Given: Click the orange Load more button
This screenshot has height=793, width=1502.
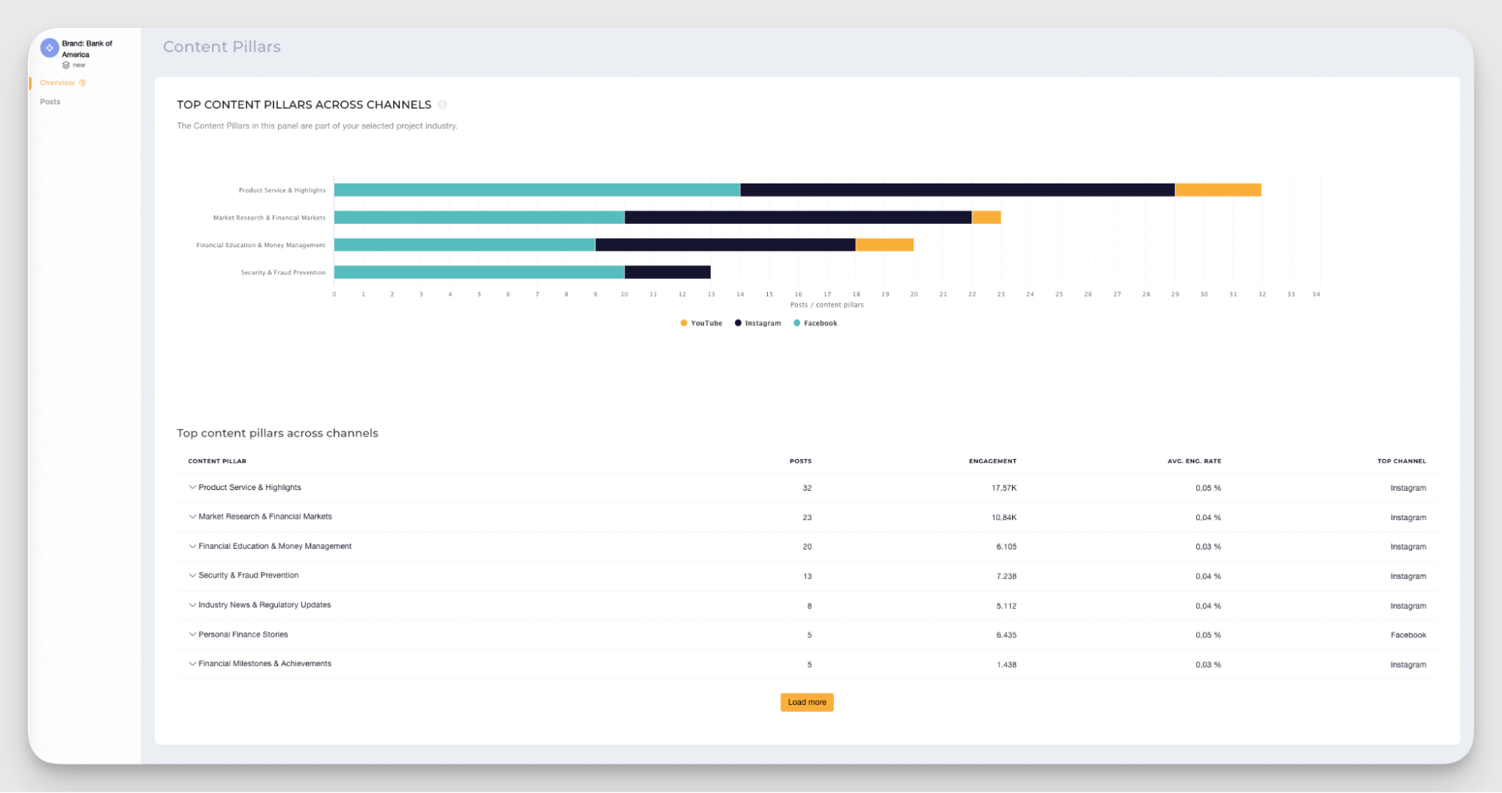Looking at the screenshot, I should pos(806,702).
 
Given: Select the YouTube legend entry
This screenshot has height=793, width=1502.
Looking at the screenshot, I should pos(701,323).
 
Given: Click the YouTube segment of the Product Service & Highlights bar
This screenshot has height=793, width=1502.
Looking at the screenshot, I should pos(1217,190).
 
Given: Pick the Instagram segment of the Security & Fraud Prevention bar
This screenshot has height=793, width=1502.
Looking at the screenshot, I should pos(667,272).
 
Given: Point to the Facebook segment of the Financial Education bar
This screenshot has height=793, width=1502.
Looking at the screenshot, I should pos(464,245).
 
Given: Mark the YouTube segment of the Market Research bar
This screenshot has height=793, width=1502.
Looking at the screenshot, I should pos(986,217).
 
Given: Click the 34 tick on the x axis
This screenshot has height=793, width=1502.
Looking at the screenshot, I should pos(1316,295).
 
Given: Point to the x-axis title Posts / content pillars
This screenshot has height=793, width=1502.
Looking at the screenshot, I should pos(827,305).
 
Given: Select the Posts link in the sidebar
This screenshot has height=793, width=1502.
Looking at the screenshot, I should pos(50,101).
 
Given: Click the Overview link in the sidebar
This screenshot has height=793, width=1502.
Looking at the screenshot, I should pos(58,83).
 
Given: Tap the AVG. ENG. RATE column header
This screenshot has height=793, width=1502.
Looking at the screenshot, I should pos(1193,461).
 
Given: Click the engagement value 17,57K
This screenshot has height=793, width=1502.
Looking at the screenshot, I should pos(1003,488).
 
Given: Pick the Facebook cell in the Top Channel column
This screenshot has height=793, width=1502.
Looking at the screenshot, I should pos(1407,635).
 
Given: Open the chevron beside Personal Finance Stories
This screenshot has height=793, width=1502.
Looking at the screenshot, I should pos(192,634).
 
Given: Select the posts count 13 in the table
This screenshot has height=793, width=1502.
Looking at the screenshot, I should pos(807,577).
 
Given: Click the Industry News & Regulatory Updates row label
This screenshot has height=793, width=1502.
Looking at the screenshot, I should pos(264,605).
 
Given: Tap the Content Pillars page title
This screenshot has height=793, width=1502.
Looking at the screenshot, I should pos(222,47).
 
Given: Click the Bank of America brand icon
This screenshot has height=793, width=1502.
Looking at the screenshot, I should pos(50,48).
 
